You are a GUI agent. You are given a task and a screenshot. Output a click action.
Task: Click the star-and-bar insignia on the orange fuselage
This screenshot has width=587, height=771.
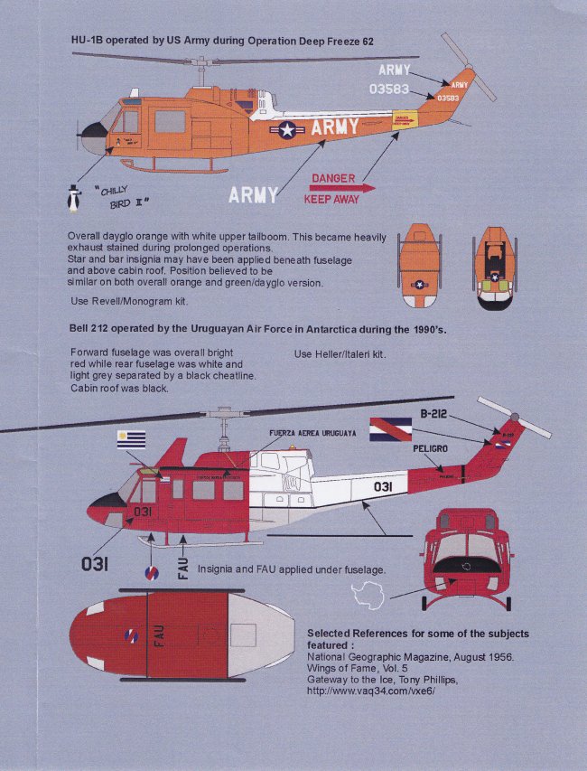click(286, 130)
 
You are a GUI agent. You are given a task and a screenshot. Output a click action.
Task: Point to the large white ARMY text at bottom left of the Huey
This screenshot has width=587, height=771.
click(254, 194)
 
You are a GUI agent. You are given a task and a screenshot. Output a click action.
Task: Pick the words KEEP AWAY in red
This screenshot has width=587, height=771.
click(331, 200)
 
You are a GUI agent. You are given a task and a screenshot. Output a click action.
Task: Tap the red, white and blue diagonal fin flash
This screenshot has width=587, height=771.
click(390, 428)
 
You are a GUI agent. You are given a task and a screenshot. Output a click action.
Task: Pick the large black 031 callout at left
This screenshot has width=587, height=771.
click(95, 564)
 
